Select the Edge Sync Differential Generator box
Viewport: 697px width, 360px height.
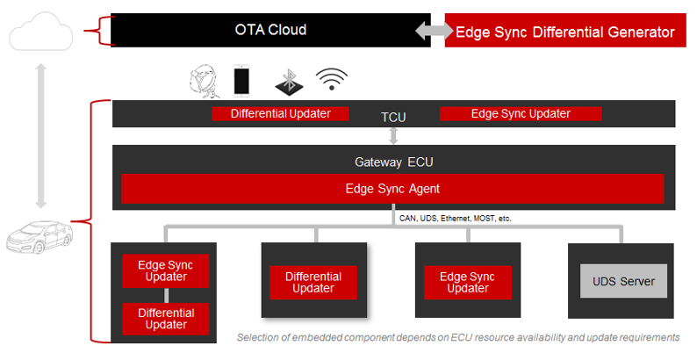[564, 32]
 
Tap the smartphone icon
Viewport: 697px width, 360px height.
[242, 80]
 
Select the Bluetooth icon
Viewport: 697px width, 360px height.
[288, 82]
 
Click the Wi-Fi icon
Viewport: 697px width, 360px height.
[331, 80]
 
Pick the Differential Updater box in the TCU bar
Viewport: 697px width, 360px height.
[280, 113]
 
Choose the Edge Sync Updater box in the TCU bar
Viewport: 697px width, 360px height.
[521, 113]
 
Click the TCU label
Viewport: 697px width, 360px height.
[393, 117]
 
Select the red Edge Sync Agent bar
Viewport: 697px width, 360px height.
[392, 188]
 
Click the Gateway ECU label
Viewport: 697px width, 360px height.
[393, 162]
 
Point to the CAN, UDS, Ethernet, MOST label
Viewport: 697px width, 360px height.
[455, 218]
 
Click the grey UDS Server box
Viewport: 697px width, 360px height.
[623, 281]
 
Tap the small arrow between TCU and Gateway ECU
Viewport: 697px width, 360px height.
[393, 135]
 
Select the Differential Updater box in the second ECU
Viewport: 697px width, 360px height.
[313, 282]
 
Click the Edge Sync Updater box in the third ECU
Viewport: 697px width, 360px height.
[468, 282]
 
